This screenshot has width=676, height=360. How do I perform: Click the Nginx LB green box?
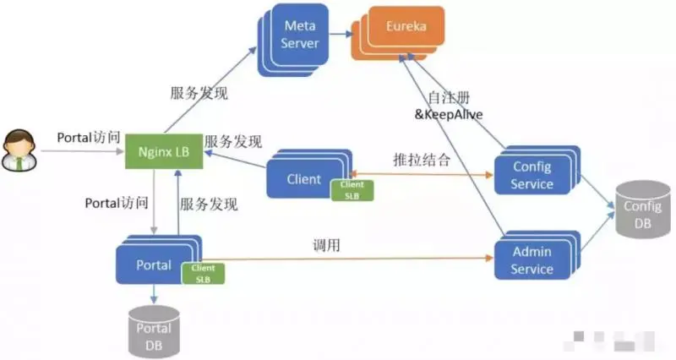pyautogui.click(x=163, y=152)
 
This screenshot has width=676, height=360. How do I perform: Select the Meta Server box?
pyautogui.click(x=297, y=35)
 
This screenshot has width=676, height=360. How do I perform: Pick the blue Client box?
pyautogui.click(x=303, y=178)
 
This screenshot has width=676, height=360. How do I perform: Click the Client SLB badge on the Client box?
pyautogui.click(x=352, y=190)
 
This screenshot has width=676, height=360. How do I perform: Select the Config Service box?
pyautogui.click(x=532, y=176)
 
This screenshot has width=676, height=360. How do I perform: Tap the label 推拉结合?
pyautogui.click(x=422, y=159)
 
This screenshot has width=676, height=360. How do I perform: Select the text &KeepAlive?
pyautogui.click(x=448, y=112)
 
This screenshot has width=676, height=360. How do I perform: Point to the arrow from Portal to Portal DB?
pyautogui.click(x=154, y=295)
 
